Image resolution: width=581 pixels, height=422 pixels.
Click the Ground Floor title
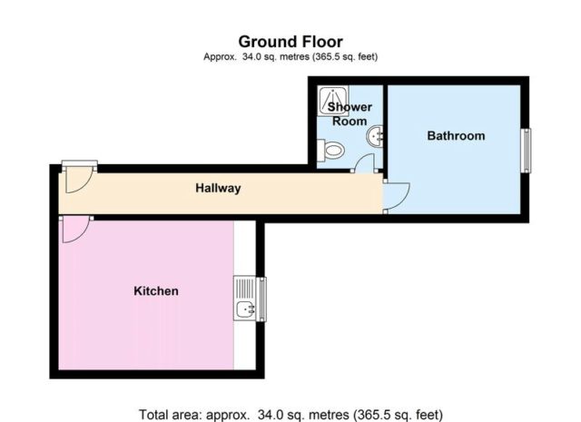tap(290, 42)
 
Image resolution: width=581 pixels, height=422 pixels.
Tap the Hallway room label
tap(218, 188)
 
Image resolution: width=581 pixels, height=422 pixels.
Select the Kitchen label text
tap(156, 290)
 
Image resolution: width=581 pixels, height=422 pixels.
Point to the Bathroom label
tap(456, 135)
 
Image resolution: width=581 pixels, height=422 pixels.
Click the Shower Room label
tap(350, 114)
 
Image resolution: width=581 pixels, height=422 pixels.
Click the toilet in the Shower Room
tap(330, 151)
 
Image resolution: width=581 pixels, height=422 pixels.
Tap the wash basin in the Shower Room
tap(375, 137)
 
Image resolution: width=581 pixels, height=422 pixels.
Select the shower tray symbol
tap(333, 101)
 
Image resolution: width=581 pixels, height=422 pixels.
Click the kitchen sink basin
tap(245, 308)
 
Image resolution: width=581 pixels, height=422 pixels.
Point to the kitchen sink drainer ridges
tap(245, 289)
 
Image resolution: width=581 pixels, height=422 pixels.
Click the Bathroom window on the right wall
tap(526, 151)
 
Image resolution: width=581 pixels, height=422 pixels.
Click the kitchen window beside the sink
tap(262, 299)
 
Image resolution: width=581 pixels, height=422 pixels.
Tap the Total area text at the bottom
tap(290, 414)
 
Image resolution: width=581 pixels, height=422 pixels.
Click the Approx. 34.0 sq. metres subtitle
tap(290, 56)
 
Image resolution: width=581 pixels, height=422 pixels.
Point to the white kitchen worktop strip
tap(244, 295)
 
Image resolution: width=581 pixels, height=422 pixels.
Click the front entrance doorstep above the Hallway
tap(79, 163)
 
